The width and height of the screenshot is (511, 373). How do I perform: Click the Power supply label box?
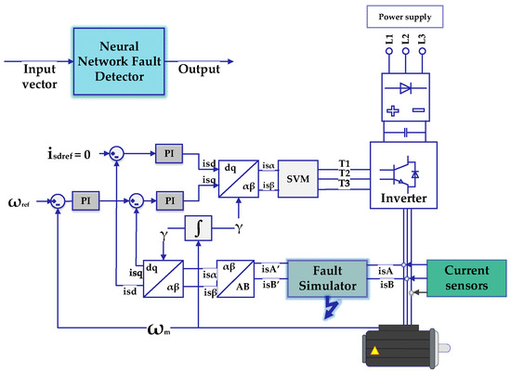coord(405,16)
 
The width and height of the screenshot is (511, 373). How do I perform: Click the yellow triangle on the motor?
coord(376,351)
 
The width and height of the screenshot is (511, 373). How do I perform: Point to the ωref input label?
coord(24,199)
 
